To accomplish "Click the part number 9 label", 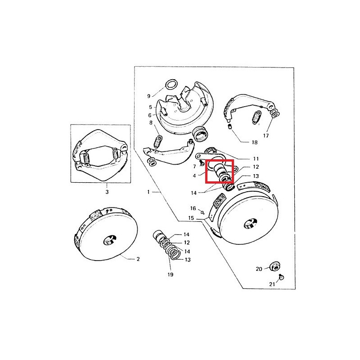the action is [148, 96].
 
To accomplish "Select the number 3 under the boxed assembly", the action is [107, 192].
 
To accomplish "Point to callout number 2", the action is [138, 259].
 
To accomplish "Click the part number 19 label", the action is [171, 274].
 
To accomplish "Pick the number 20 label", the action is [259, 269].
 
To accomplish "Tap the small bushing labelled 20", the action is [274, 266].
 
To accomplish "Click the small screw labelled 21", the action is [281, 277].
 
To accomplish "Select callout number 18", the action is [255, 142].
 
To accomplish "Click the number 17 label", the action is [266, 136].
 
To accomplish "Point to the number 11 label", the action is [256, 159].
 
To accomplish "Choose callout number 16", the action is [193, 208].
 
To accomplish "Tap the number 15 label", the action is [191, 218].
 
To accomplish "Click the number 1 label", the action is [148, 192].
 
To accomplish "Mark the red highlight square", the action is [220, 171].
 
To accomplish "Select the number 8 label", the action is [151, 123].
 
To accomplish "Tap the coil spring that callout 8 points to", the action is [158, 142].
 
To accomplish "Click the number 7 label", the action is [194, 166].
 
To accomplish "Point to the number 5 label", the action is [150, 107].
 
